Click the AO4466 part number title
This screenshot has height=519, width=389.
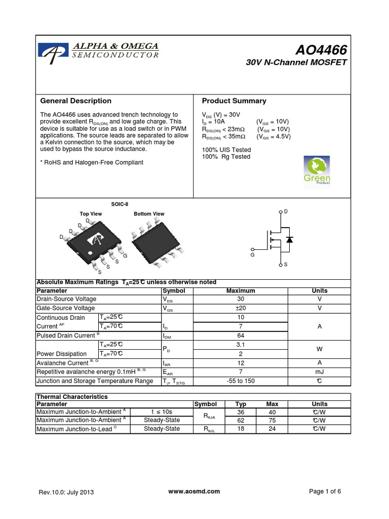(322, 50)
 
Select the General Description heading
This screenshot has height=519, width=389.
(75, 101)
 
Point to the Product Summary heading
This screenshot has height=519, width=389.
(234, 101)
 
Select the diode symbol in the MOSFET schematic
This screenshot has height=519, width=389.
(289, 239)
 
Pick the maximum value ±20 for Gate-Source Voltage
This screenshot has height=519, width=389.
(241, 308)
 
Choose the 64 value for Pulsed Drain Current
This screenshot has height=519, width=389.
(241, 336)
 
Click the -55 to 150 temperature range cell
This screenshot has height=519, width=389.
(241, 381)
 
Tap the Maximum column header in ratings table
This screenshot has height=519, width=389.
(241, 291)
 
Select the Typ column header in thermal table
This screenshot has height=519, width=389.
(241, 404)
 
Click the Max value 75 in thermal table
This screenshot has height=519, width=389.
(272, 421)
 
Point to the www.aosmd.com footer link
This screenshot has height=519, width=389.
(193, 491)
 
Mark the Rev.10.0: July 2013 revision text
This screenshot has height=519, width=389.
(66, 492)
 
